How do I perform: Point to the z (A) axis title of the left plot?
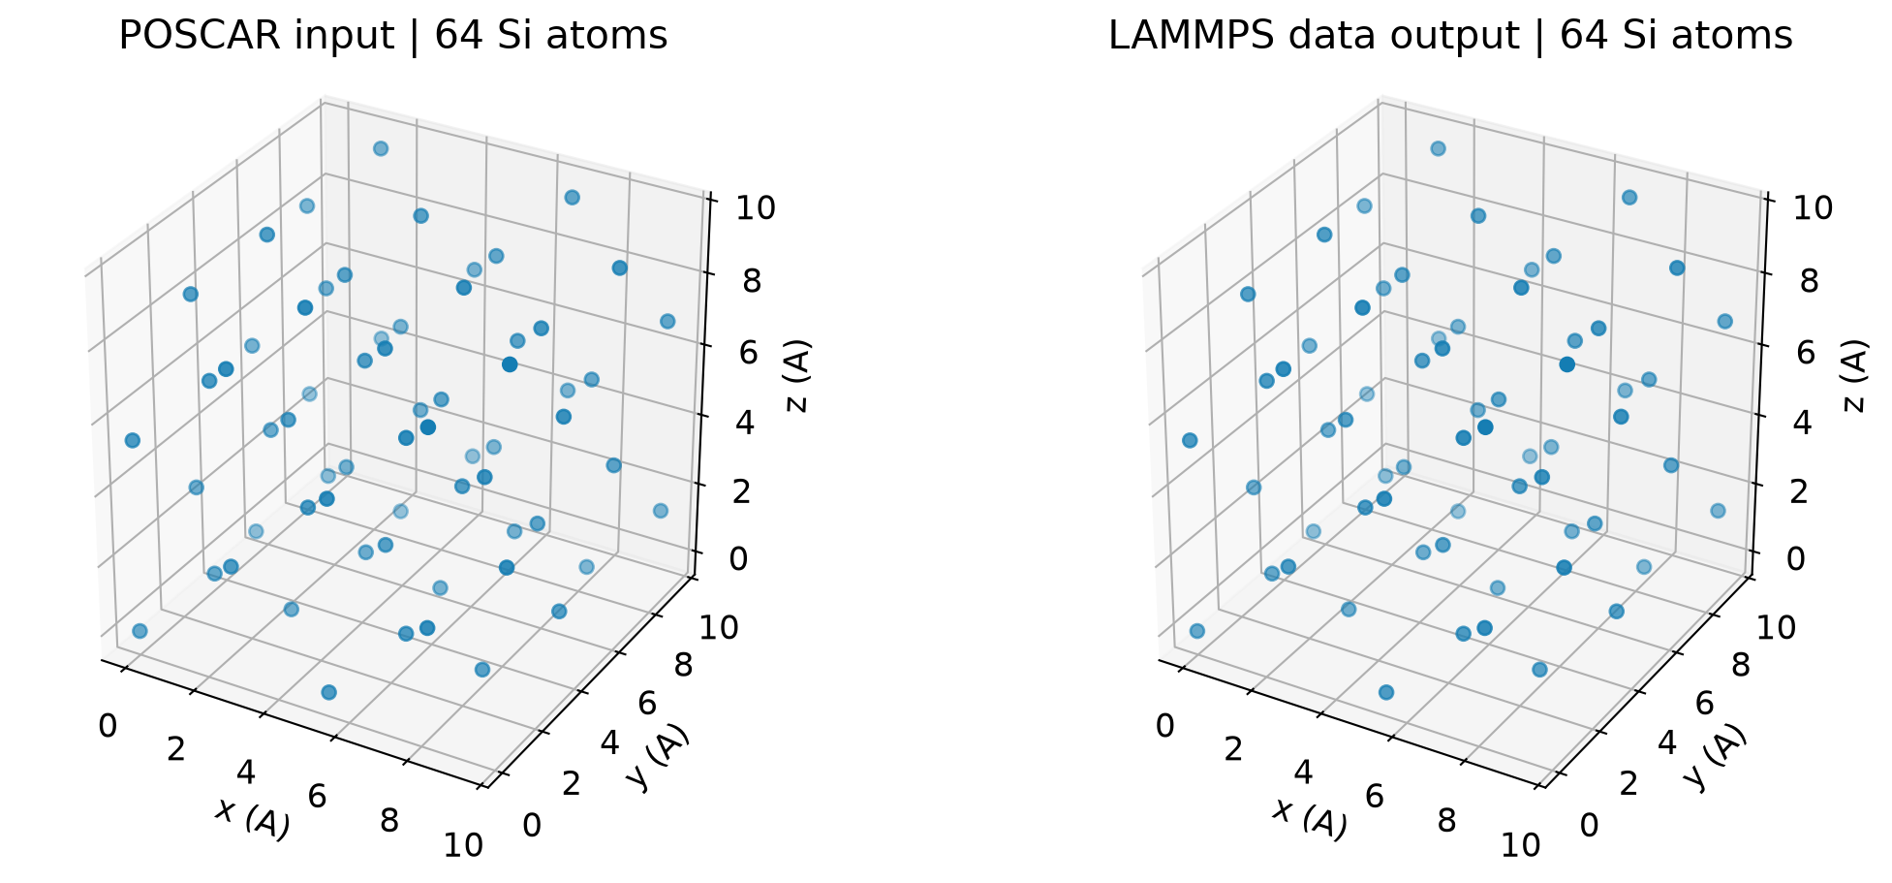[x=798, y=376]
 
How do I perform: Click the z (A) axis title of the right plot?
[x=1855, y=376]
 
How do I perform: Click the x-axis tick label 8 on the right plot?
[x=1446, y=821]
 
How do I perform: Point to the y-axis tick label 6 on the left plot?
[x=647, y=704]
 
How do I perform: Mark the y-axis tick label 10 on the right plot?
[x=1776, y=627]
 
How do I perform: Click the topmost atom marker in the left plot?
[x=381, y=148]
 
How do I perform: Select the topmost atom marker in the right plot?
[x=1438, y=148]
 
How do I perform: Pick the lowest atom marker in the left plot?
[x=328, y=692]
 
